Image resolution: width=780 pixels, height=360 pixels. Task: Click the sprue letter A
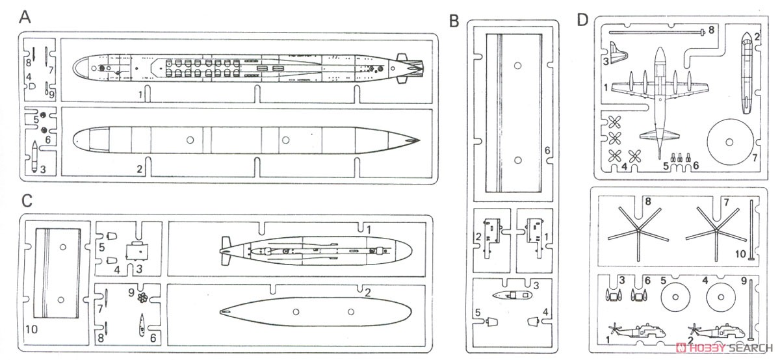pos(25,18)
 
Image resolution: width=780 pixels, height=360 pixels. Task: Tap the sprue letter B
pos(454,20)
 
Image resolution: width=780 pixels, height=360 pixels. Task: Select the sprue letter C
pos(27,200)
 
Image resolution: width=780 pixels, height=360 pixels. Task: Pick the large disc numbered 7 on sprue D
pos(729,142)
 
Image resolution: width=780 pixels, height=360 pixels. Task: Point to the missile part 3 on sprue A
pos(34,157)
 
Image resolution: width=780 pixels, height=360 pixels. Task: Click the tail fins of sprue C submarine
pos(226,251)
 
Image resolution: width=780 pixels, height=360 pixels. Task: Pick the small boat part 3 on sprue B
pos(513,295)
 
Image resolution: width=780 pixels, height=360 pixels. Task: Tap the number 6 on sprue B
pos(547,150)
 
